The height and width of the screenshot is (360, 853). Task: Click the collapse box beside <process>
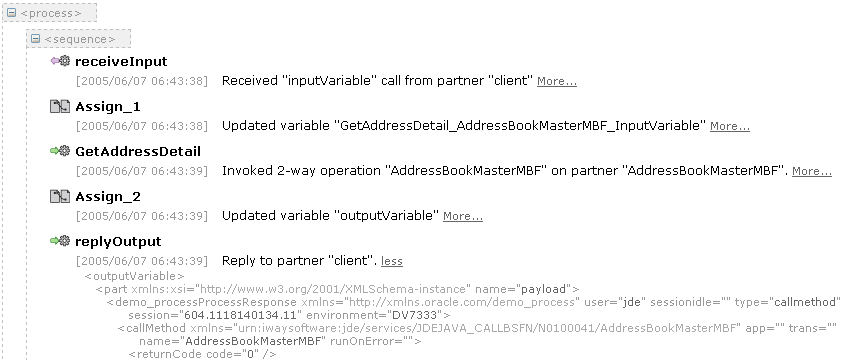click(11, 13)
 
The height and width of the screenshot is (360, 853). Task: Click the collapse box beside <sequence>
click(35, 39)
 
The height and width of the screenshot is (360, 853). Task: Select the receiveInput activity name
click(121, 61)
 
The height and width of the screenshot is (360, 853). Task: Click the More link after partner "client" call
click(557, 81)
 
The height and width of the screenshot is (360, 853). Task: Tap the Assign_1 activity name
click(108, 107)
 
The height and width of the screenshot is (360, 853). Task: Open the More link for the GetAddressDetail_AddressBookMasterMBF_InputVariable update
click(730, 126)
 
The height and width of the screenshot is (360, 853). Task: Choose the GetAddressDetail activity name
click(138, 151)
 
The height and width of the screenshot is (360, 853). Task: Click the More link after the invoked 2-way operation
click(812, 171)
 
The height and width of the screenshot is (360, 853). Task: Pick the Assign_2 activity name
click(108, 196)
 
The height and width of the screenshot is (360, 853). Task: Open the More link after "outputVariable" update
click(462, 216)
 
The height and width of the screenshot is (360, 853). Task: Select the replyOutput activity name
click(118, 241)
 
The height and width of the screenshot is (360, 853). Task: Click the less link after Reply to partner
click(392, 261)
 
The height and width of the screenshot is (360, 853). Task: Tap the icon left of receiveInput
click(60, 61)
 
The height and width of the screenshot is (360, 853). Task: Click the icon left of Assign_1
click(60, 106)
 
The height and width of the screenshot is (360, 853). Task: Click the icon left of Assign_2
click(60, 196)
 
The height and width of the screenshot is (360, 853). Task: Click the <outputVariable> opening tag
click(134, 276)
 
